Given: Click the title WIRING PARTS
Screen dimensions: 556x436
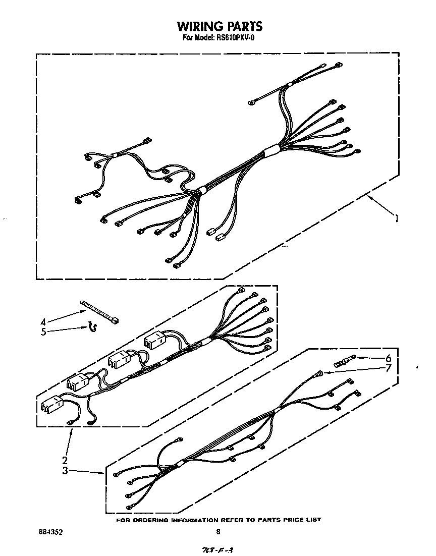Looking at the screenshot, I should point(219,26).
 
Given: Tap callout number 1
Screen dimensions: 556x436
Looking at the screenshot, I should point(397,218).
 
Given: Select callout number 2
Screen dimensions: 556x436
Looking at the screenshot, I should point(65,460).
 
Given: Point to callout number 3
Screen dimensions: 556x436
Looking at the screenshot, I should point(65,471).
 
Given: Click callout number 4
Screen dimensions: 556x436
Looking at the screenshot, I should point(43,322).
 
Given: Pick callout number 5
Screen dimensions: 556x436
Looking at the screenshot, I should point(43,331).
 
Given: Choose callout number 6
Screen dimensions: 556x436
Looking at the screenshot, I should point(388,358).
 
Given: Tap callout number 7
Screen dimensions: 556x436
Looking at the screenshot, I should point(388,368).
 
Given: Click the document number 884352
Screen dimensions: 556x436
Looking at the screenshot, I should point(51,531).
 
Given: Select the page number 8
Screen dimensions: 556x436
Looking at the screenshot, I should point(218,531).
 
